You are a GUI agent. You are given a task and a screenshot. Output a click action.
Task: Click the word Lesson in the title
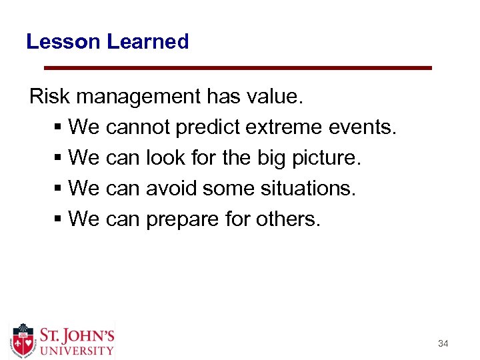click(x=63, y=41)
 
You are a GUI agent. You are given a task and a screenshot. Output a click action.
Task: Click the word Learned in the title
click(x=148, y=41)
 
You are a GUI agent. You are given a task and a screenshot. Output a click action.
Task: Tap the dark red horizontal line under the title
click(x=237, y=67)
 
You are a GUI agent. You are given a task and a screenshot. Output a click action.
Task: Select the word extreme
click(x=275, y=126)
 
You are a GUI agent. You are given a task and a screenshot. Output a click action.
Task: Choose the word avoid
click(x=171, y=189)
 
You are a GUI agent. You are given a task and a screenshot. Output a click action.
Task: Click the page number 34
click(x=443, y=344)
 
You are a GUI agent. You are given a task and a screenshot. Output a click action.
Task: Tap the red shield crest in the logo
click(x=23, y=340)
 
